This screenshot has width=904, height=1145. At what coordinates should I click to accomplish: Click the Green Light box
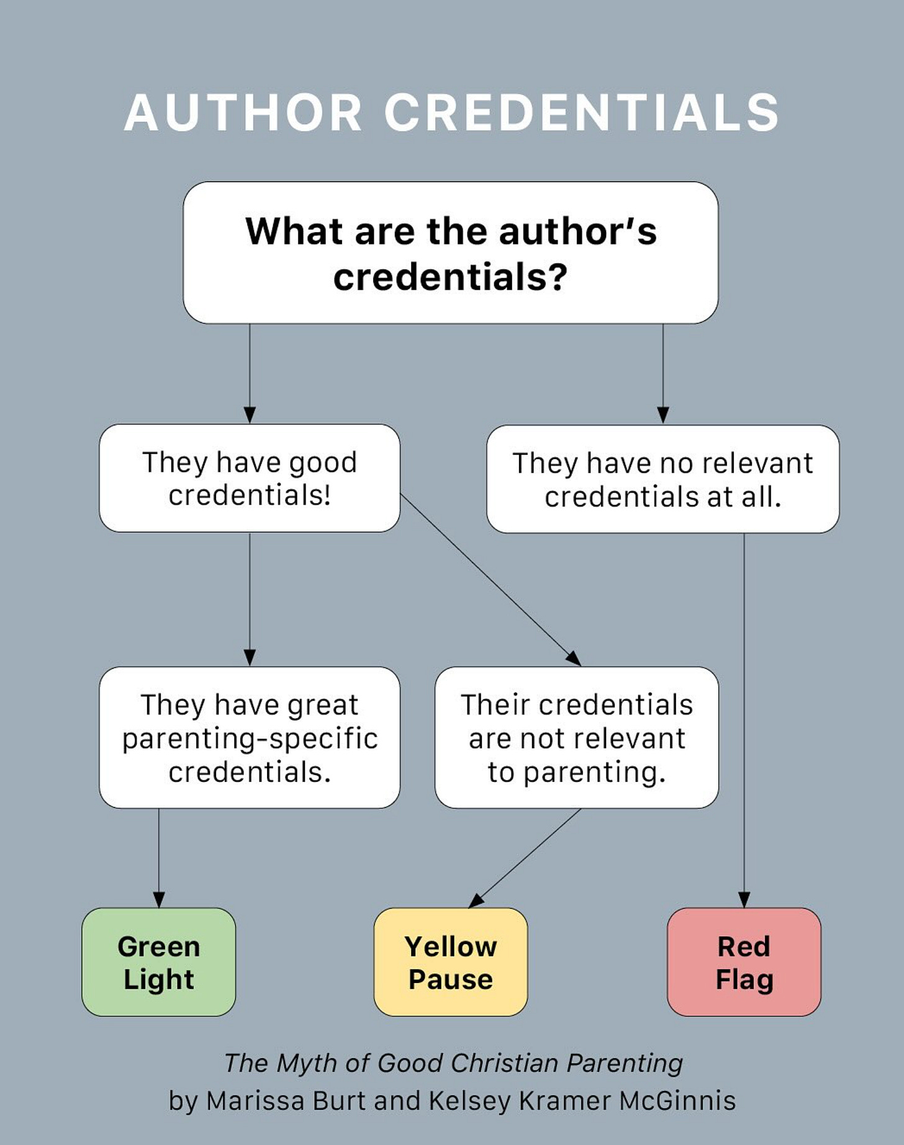point(158,962)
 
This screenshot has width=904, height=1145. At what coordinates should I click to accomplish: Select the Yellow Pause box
point(450,962)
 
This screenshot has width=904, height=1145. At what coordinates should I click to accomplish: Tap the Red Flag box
point(744,962)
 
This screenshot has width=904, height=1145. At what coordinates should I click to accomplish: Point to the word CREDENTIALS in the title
point(582,113)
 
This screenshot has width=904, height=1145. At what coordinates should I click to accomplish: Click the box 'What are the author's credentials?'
point(450,253)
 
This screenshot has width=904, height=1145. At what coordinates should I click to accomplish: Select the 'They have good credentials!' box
point(249,478)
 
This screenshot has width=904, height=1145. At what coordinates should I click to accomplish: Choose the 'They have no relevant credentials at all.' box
point(662,479)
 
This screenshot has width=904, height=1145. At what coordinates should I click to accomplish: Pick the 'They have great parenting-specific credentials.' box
point(249,737)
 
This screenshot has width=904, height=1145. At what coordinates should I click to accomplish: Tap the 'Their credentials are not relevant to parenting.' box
point(576,737)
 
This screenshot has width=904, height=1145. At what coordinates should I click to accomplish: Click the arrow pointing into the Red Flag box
point(744,720)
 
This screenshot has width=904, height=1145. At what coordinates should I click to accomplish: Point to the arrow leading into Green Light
point(159,856)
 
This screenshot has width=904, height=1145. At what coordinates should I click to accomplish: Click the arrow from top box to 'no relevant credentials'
point(662,372)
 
